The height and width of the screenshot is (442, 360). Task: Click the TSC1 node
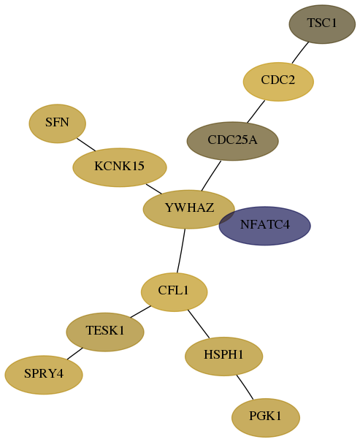322,24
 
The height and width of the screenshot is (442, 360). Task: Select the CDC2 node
278,82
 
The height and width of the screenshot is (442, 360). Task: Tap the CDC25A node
233,141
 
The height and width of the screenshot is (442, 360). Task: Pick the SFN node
58,123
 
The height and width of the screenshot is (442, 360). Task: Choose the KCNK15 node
120,167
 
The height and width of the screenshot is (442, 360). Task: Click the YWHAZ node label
189,207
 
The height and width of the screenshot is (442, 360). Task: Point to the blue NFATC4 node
265,226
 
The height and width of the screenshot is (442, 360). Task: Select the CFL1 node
174,292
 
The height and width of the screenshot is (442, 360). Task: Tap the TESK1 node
105,332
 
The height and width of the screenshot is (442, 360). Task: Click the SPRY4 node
44,375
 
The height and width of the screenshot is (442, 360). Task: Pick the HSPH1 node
224,357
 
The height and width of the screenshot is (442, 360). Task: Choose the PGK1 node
266,417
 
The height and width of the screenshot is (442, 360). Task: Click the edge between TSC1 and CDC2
300,53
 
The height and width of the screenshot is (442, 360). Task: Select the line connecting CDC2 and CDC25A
256,111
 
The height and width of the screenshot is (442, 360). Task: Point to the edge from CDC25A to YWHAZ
211,176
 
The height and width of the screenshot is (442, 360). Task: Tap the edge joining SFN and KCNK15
86,145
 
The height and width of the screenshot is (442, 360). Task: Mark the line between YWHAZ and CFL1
181,251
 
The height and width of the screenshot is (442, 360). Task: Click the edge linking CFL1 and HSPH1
199,324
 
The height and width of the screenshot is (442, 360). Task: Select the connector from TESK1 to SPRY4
75,354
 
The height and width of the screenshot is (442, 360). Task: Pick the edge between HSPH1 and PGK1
245,387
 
